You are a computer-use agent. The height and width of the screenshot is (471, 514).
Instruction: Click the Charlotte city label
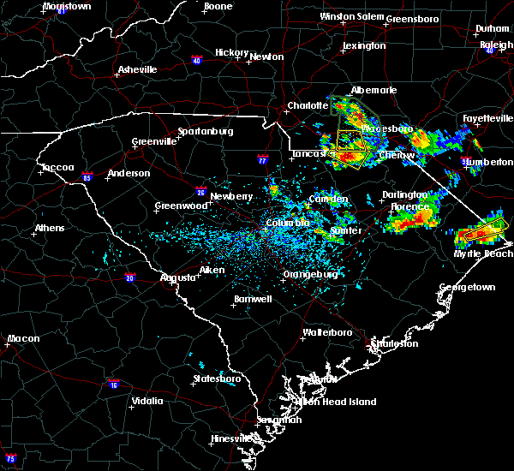[308, 105]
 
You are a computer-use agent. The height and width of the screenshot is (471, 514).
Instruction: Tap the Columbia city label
[287, 223]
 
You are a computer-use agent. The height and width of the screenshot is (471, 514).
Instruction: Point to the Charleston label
[394, 343]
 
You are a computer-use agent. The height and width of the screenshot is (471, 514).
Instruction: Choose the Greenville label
[153, 141]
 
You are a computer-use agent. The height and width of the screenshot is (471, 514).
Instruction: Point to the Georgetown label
[468, 288]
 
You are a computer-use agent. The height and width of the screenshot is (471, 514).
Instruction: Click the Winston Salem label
[351, 16]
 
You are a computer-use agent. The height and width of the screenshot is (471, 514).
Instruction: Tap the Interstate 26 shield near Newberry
[200, 193]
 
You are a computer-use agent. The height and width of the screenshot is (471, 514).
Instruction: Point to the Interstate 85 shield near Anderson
[87, 176]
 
